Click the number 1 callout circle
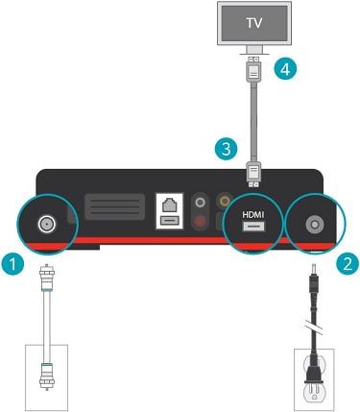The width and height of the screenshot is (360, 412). tap(12, 264)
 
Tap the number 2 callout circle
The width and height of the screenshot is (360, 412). tap(348, 264)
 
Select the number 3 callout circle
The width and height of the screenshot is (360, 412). tap(227, 149)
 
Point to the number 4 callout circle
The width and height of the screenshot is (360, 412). tap(285, 69)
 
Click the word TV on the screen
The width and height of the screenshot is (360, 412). tap(254, 23)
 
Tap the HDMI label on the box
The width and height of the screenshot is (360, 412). tap(253, 214)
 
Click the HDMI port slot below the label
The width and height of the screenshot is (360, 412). tap(253, 227)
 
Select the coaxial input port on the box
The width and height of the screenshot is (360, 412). tap(47, 224)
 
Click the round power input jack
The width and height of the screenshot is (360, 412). tap(315, 225)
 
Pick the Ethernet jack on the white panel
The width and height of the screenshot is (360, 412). tap(169, 205)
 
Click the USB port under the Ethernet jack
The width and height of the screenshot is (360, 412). tap(169, 221)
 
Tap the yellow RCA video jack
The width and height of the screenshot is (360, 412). tap(224, 201)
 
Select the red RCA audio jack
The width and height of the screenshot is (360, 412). tap(201, 220)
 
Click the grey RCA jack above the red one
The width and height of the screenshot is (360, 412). tap(201, 203)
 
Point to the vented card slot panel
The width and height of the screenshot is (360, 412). tap(114, 207)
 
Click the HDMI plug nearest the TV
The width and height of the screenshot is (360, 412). tap(253, 69)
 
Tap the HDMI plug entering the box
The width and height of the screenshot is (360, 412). tap(253, 174)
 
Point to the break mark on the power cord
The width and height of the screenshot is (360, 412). tap(314, 328)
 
